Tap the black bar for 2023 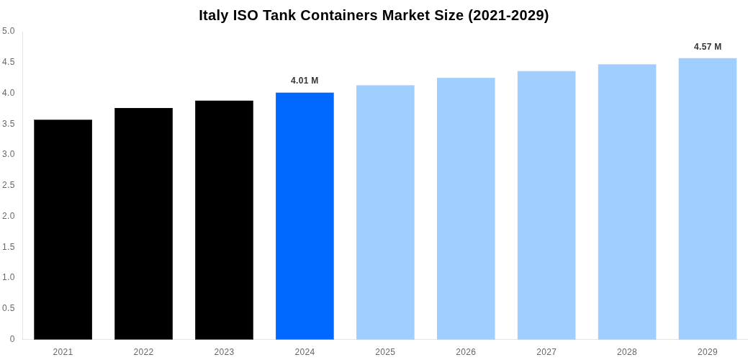tap(224, 220)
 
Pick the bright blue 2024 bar tap(305, 215)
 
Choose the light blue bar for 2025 tap(385, 212)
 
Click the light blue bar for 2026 tap(466, 208)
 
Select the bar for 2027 tap(546, 204)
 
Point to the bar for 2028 tap(627, 202)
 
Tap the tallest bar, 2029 tap(708, 198)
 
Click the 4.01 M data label tap(305, 81)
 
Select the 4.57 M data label tap(708, 47)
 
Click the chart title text tap(374, 15)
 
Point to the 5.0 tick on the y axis tap(9, 31)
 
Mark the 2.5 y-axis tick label tap(9, 185)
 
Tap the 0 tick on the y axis tap(12, 339)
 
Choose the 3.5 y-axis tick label tap(9, 124)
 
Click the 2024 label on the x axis tap(305, 352)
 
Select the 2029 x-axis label tap(708, 352)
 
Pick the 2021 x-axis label tap(63, 352)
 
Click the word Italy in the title tap(214, 15)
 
